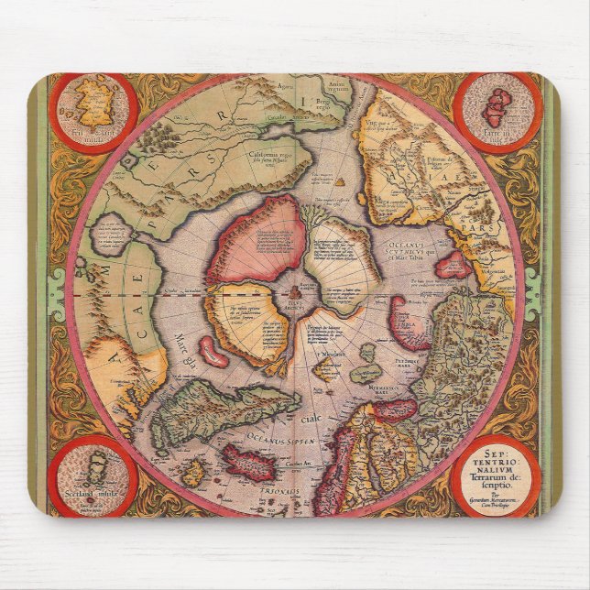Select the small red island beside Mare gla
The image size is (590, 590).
[212, 351]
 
